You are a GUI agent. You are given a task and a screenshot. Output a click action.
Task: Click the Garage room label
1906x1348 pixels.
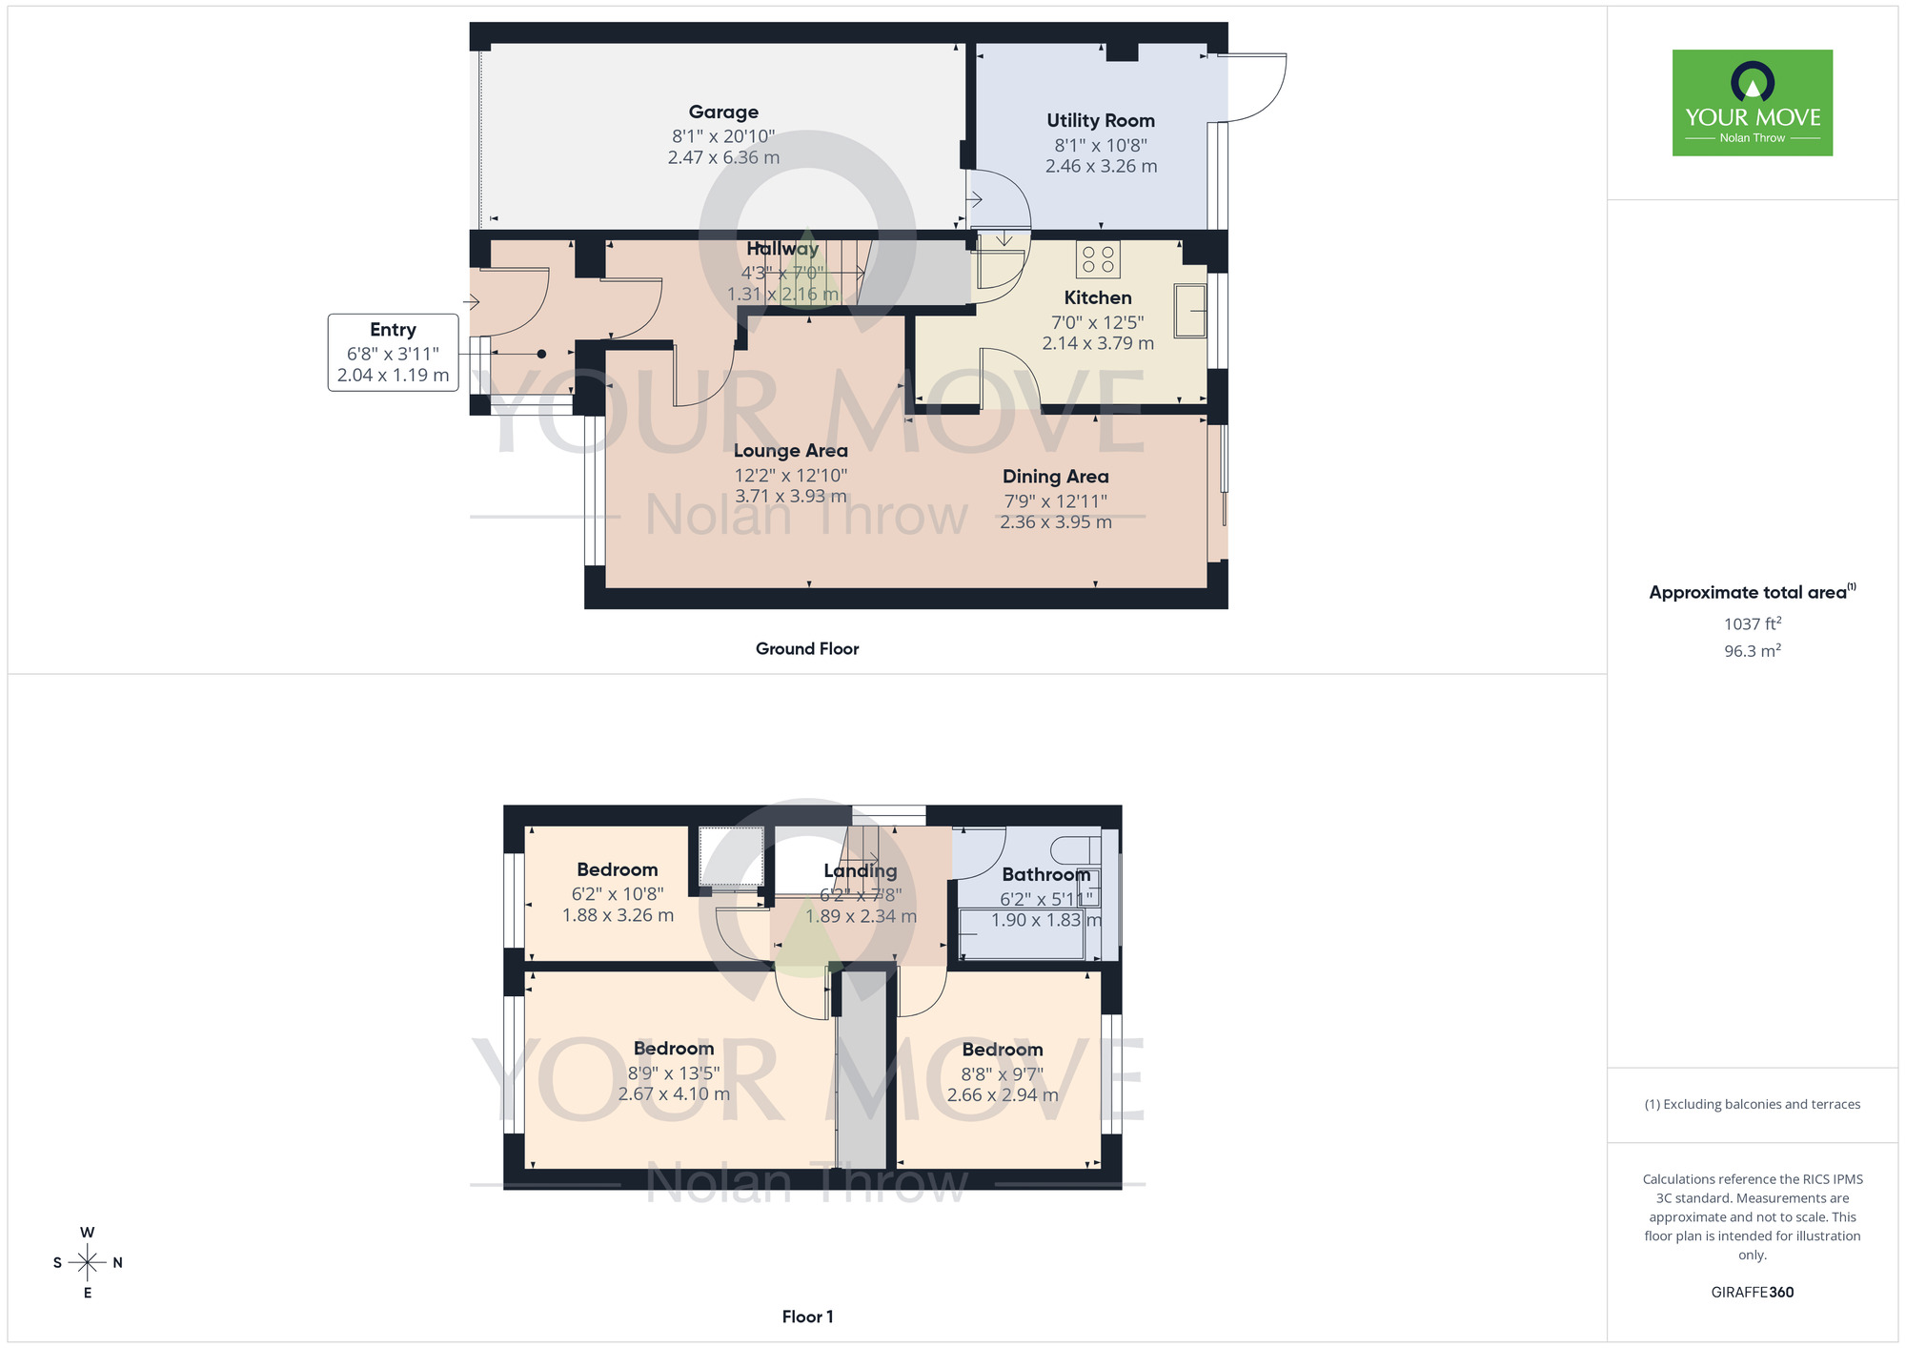pyautogui.click(x=723, y=112)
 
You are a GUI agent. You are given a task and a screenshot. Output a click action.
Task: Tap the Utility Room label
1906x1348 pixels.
pyautogui.click(x=1101, y=121)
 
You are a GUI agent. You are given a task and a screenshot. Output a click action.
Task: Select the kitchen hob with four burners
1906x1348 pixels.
pyautogui.click(x=1098, y=259)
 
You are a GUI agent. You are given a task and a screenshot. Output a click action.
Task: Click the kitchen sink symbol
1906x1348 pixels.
pyautogui.click(x=1190, y=311)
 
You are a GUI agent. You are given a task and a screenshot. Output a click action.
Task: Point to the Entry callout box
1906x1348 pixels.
pyautogui.click(x=393, y=353)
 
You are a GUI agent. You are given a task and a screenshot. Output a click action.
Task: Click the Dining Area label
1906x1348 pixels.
pyautogui.click(x=1055, y=477)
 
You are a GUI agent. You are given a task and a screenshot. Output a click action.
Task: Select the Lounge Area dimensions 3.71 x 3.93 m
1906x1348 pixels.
pyautogui.click(x=790, y=497)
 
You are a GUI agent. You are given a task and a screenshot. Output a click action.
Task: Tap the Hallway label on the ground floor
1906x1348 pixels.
pyautogui.click(x=782, y=249)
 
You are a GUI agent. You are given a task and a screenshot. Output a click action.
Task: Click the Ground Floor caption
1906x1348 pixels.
pyautogui.click(x=807, y=649)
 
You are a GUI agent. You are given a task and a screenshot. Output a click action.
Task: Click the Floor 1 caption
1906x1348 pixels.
pyautogui.click(x=807, y=1317)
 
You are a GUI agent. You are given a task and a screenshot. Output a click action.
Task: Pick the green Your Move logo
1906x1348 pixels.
pyautogui.click(x=1752, y=103)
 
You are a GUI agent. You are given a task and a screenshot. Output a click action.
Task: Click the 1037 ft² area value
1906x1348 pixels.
pyautogui.click(x=1752, y=624)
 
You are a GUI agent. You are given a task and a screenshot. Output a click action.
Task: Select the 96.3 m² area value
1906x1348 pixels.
pyautogui.click(x=1752, y=651)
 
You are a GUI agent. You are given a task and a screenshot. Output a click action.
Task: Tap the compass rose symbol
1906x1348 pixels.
pyautogui.click(x=88, y=1263)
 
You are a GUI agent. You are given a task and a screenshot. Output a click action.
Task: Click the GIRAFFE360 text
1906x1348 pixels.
pyautogui.click(x=1752, y=1293)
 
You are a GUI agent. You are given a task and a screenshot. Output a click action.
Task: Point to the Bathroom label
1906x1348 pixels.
pyautogui.click(x=1045, y=874)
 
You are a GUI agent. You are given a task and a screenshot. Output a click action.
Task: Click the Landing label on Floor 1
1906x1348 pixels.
pyautogui.click(x=860, y=870)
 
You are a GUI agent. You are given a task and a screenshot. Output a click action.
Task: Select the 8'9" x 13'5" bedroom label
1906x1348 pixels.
pyautogui.click(x=673, y=1050)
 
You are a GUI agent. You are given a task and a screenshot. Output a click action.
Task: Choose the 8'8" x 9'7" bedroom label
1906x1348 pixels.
pyautogui.click(x=1002, y=1050)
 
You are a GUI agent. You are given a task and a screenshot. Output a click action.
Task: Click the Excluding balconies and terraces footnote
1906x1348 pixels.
pyautogui.click(x=1752, y=1105)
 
